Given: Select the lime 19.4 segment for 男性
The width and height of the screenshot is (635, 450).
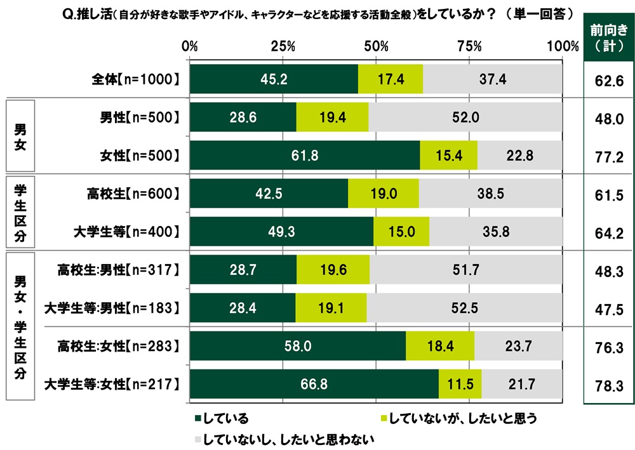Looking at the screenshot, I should [x=332, y=117].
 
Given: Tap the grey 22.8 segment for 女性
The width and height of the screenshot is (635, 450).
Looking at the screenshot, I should [x=520, y=155].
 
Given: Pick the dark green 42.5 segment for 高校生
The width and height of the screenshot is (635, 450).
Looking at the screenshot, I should [x=269, y=194].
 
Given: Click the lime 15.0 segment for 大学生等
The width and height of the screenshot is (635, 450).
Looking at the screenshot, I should [x=401, y=232].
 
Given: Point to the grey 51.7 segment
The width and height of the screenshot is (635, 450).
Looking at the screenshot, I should [x=465, y=270].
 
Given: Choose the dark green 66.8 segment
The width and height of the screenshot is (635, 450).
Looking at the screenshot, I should [x=314, y=384].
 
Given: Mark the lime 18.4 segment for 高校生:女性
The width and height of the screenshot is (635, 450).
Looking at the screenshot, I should [x=439, y=346].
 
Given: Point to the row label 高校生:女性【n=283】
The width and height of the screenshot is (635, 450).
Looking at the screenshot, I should [x=114, y=346].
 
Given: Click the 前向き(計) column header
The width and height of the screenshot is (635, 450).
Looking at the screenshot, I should [x=608, y=37].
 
